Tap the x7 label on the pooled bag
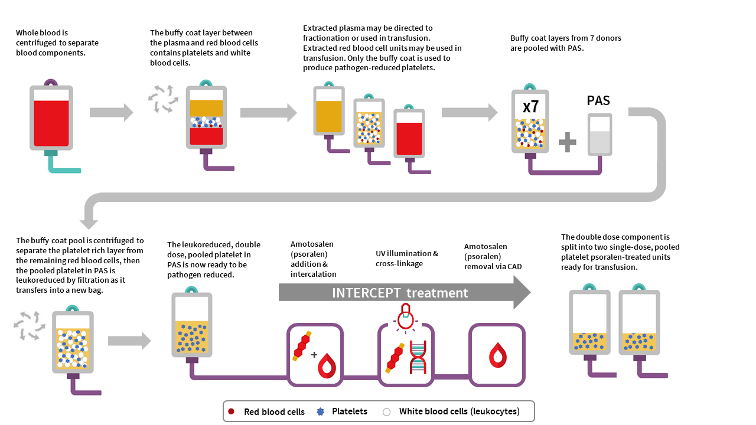(530, 107)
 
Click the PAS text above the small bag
(598, 100)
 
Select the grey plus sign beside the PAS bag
(567, 142)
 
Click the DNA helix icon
(418, 357)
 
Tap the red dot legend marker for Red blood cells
(232, 411)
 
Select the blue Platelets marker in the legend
(321, 411)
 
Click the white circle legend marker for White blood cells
(387, 411)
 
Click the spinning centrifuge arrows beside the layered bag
(162, 98)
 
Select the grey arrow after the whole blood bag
(112, 112)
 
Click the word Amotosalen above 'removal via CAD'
(485, 246)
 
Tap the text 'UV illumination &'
(407, 253)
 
